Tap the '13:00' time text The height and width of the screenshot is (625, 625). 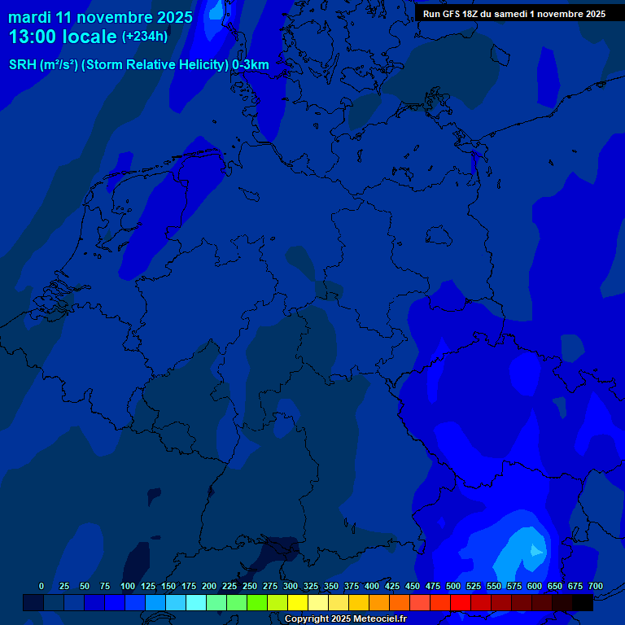(x=34, y=37)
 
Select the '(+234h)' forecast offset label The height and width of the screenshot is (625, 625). (x=145, y=37)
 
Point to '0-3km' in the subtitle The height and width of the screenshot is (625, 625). (x=251, y=65)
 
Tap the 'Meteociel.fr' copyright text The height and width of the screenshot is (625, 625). (x=379, y=619)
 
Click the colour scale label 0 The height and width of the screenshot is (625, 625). (x=42, y=587)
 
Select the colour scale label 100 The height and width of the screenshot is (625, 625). (x=127, y=587)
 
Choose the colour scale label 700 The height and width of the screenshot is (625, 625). (x=595, y=587)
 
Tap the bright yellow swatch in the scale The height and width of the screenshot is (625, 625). (x=298, y=603)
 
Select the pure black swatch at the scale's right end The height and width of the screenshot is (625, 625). (x=583, y=603)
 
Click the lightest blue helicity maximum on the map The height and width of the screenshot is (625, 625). (x=535, y=551)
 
